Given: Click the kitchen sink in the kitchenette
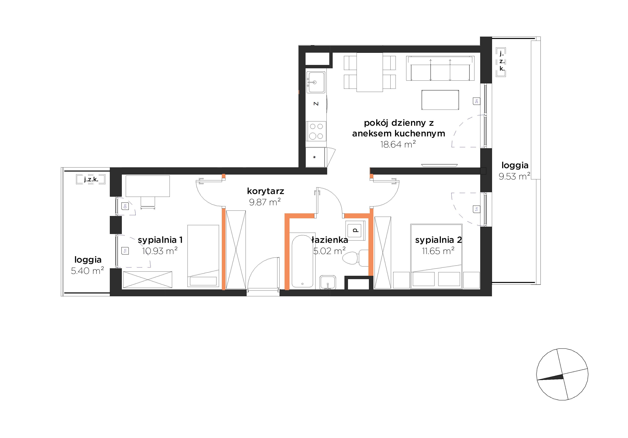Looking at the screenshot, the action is [316, 82].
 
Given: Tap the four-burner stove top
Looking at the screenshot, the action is [316, 131].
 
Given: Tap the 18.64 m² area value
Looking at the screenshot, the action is [398, 144].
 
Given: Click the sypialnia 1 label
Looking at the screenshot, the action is [160, 240].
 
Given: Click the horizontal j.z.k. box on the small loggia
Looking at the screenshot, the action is [91, 180].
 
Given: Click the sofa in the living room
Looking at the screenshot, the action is [440, 68].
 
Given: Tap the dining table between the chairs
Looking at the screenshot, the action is [370, 72].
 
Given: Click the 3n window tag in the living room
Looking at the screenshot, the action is [476, 101].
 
